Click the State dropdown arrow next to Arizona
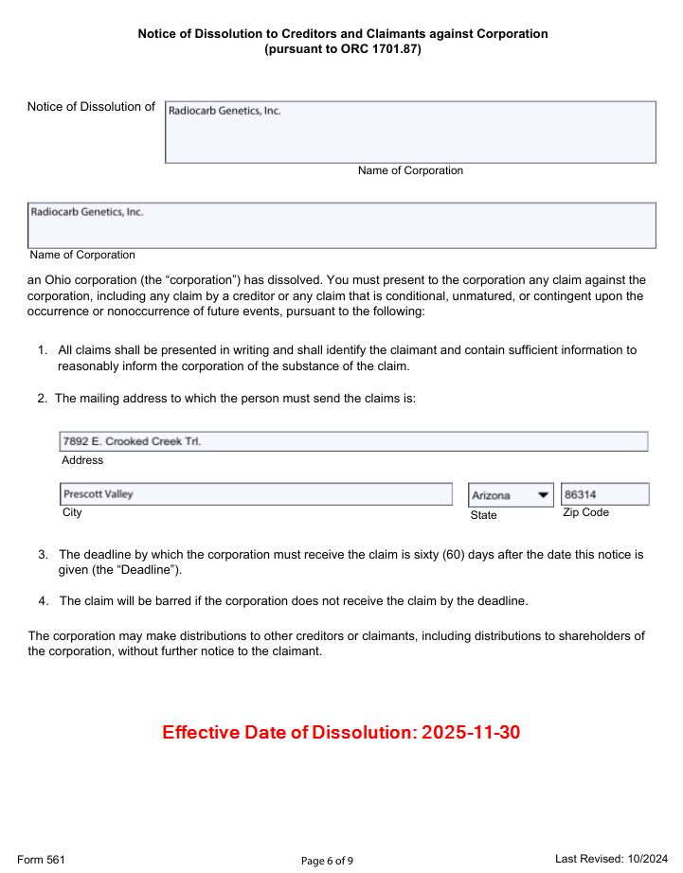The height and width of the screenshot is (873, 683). (x=543, y=495)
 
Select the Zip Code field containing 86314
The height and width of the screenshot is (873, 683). (x=604, y=494)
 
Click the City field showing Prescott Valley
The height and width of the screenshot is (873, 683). (x=256, y=494)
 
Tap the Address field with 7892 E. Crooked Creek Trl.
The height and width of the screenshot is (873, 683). (x=353, y=441)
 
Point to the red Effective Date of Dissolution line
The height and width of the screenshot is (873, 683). (x=341, y=733)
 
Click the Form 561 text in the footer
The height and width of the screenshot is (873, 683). (x=41, y=859)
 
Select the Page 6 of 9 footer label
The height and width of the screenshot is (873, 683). (x=327, y=861)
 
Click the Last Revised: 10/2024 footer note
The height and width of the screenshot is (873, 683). (x=611, y=858)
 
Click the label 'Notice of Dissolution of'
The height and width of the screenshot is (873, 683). (x=91, y=107)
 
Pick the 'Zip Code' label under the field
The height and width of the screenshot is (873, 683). (x=585, y=512)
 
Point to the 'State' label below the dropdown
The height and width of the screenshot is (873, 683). (x=483, y=515)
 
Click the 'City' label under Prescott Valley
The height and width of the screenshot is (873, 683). (x=72, y=512)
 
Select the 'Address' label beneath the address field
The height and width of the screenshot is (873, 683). (x=82, y=460)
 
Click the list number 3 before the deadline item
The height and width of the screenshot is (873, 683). (x=43, y=554)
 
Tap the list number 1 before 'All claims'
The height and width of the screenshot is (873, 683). (x=43, y=350)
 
